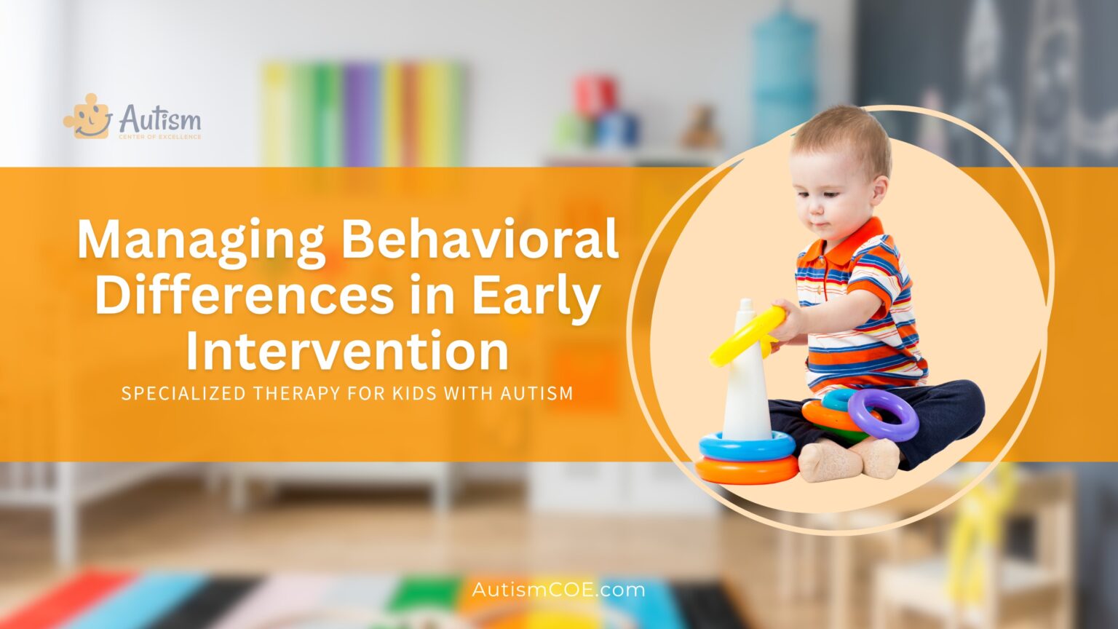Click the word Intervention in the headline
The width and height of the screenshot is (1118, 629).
(347, 351)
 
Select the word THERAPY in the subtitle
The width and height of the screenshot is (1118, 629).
(290, 394)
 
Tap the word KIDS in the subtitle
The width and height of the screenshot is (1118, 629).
(418, 394)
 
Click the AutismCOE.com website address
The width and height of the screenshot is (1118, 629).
(558, 589)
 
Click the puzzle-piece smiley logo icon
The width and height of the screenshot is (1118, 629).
(87, 116)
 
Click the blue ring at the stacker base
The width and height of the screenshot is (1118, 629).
(747, 445)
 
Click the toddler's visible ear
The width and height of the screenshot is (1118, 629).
(879, 191)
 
